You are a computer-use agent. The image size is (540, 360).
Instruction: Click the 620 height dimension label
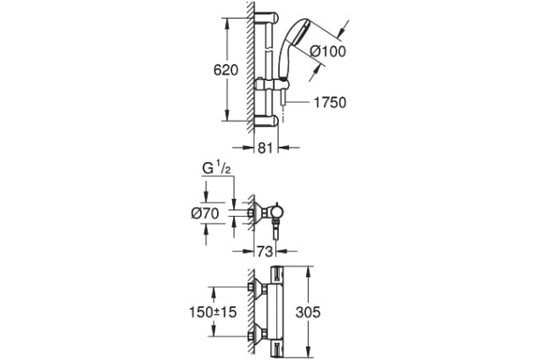tap(226, 70)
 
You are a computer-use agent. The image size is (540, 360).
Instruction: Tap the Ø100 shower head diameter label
tap(328, 51)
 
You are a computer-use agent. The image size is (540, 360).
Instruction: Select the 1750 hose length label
tap(329, 103)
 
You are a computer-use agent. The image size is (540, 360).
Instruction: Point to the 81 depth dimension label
tap(265, 148)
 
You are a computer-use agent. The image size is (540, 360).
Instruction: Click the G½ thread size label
tap(216, 169)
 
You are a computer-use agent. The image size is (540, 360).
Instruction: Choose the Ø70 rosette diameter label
tap(205, 214)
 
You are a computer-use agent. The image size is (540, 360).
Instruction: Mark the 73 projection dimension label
tap(265, 251)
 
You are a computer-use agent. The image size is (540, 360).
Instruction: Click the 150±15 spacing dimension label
tap(213, 312)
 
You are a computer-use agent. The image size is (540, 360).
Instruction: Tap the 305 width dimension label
tap(308, 312)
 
